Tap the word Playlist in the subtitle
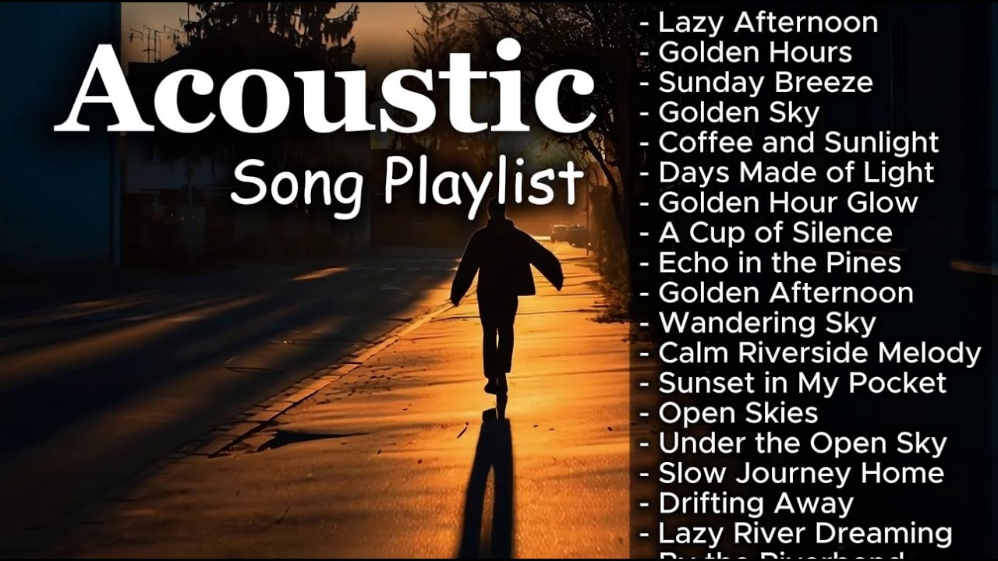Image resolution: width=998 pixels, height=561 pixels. (x=483, y=185)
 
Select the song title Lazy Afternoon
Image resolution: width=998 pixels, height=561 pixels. (x=768, y=23)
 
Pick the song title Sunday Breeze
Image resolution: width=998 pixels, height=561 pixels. (x=765, y=83)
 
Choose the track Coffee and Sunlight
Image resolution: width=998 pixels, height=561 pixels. (x=798, y=143)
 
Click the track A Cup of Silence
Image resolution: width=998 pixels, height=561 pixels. (x=775, y=233)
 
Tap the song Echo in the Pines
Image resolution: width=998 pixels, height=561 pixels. (x=780, y=263)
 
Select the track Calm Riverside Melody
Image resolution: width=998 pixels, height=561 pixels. (x=819, y=353)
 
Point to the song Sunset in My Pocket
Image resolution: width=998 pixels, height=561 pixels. (x=802, y=383)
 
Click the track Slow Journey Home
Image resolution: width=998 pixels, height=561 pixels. (x=801, y=473)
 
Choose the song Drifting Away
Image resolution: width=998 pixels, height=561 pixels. (x=756, y=503)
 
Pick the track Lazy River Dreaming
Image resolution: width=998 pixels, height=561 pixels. (x=805, y=534)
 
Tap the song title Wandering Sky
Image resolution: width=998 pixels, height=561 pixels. (x=767, y=323)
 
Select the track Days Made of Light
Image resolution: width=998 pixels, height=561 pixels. (x=796, y=172)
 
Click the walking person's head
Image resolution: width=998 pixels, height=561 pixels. (x=497, y=211)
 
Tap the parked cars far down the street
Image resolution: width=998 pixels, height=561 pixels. (x=568, y=233)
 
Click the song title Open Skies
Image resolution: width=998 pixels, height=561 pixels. (x=738, y=413)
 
